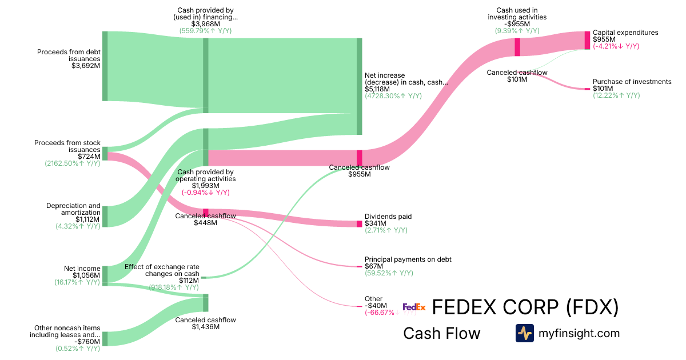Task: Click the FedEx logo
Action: pyautogui.click(x=414, y=307)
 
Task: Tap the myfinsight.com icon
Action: pyautogui.click(x=524, y=333)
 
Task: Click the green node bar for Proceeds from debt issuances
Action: pyautogui.click(x=105, y=66)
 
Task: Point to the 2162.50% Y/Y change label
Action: pyautogui.click(x=73, y=163)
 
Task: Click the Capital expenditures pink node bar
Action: pyautogui.click(x=587, y=40)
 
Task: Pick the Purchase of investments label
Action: pyautogui.click(x=632, y=82)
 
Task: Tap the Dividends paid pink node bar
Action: pyautogui.click(x=359, y=223)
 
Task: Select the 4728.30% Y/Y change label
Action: pyautogui.click(x=393, y=96)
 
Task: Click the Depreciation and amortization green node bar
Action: pyautogui.click(x=105, y=217)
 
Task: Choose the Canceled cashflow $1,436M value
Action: pyautogui.click(x=205, y=327)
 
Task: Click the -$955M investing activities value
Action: pyautogui.click(x=517, y=24)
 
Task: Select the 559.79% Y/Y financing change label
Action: pyautogui.click(x=205, y=31)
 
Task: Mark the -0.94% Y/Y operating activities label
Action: pyautogui.click(x=205, y=193)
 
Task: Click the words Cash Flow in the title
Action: pyautogui.click(x=441, y=333)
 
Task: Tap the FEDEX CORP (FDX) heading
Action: pyautogui.click(x=525, y=307)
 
